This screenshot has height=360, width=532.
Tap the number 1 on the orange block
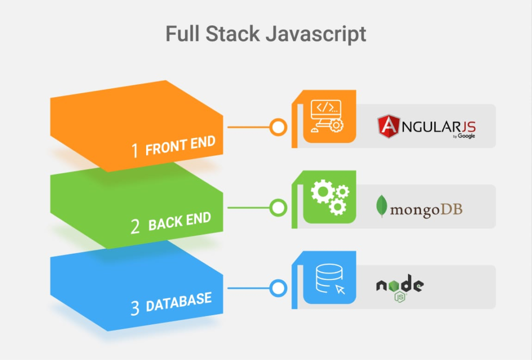pyautogui.click(x=135, y=150)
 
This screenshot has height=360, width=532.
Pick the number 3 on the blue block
pyautogui.click(x=135, y=308)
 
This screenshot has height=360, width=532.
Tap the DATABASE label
pyautogui.click(x=179, y=302)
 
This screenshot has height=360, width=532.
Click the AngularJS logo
pyautogui.click(x=426, y=127)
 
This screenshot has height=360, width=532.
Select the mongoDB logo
pyautogui.click(x=419, y=208)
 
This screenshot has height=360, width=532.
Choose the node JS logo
pyautogui.click(x=400, y=288)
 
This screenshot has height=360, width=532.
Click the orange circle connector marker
pyautogui.click(x=279, y=127)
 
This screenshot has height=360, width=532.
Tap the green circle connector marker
pyautogui.click(x=279, y=208)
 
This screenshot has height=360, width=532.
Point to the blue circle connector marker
pyautogui.click(x=279, y=288)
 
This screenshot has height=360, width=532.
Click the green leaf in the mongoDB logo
pyautogui.click(x=382, y=206)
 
